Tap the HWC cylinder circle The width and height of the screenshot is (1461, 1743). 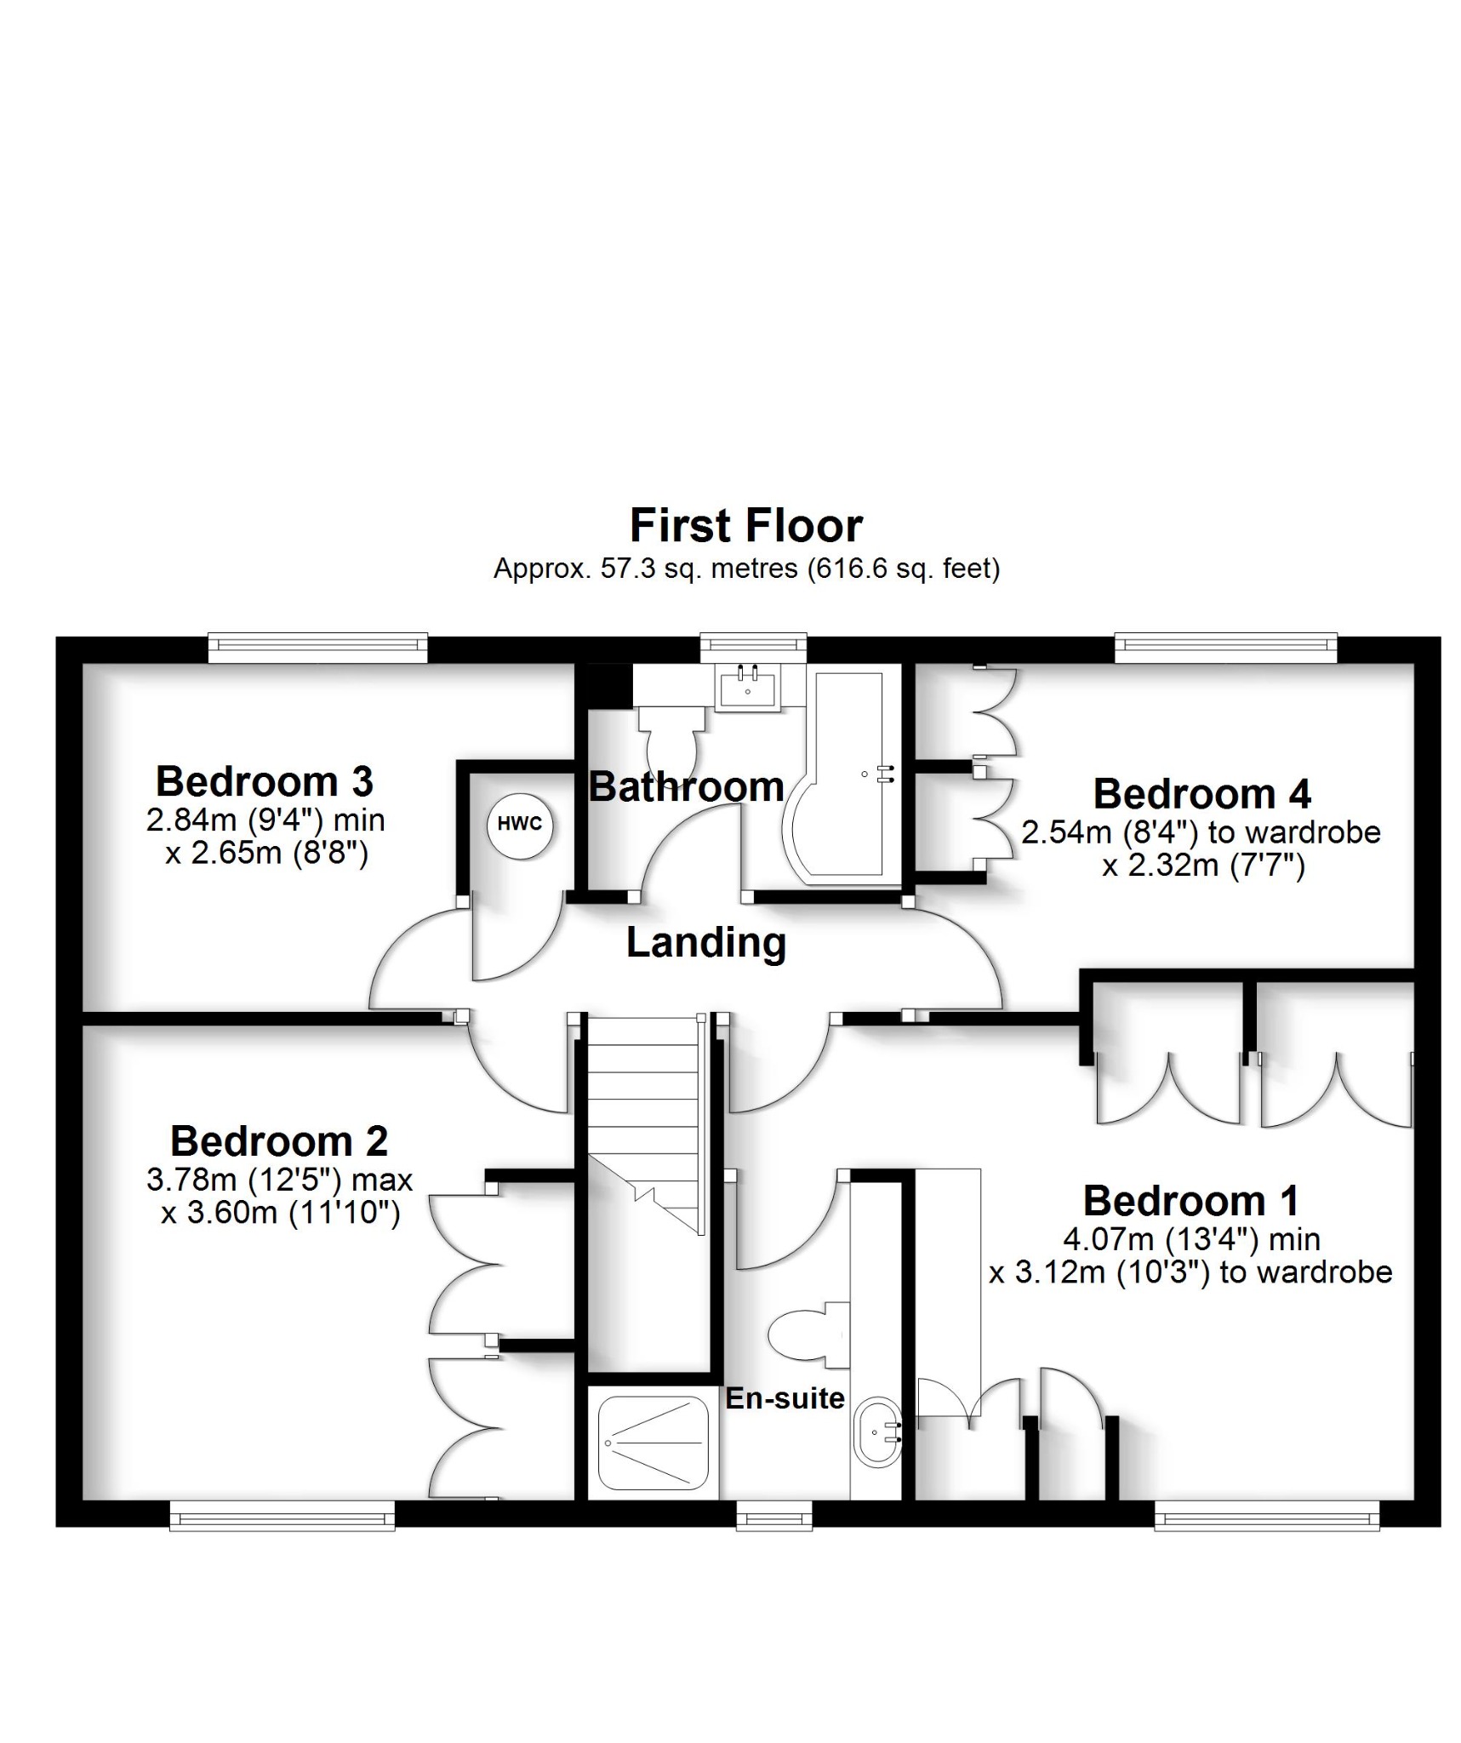pos(519,824)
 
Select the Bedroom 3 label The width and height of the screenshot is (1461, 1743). pos(264,780)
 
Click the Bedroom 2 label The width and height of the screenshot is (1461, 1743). pos(279,1140)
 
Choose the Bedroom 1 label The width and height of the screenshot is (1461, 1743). pos(1190,1200)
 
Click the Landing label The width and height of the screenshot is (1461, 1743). pos(705,942)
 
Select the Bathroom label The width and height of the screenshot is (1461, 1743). pos(686,786)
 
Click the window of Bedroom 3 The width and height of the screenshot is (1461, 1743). pos(317,648)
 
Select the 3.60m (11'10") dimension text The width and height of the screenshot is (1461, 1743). pos(281,1211)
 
